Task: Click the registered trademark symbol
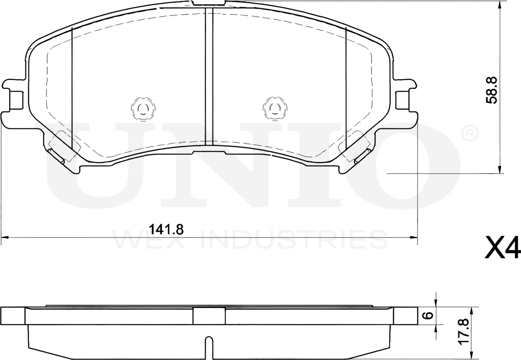pyautogui.click(x=469, y=133)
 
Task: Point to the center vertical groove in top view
pyautogui.click(x=209, y=76)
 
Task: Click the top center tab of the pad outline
pyautogui.click(x=209, y=3)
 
